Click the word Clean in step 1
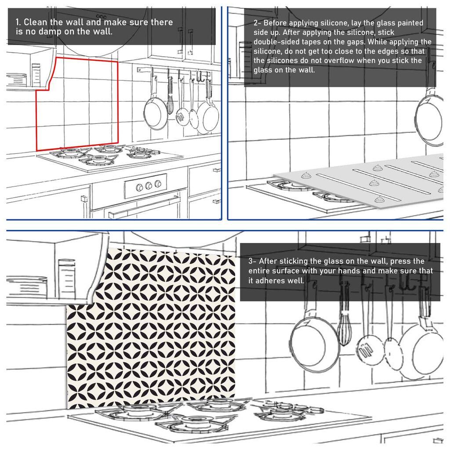(36, 22)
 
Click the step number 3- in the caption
(253, 261)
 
